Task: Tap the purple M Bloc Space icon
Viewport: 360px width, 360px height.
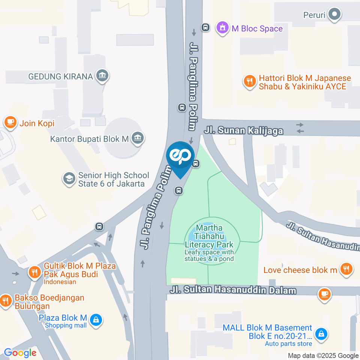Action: (x=223, y=28)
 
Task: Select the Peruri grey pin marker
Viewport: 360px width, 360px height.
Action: (x=333, y=15)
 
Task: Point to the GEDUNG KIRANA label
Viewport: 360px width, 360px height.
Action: (x=60, y=76)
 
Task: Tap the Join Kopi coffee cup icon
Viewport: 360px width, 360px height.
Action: (x=10, y=122)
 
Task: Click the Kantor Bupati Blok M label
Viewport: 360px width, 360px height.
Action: (x=90, y=139)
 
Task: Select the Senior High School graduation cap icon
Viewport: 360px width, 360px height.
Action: (x=69, y=179)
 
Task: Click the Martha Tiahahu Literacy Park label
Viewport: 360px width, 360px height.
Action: (x=209, y=236)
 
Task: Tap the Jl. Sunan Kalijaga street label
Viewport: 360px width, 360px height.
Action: (x=244, y=130)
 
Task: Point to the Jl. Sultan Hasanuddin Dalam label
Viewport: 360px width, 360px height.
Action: (x=233, y=290)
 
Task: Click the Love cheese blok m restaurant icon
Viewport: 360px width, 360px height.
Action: (x=346, y=269)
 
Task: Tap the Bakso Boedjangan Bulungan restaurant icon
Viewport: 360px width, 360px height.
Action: (x=6, y=301)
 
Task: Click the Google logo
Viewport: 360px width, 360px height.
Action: (x=20, y=352)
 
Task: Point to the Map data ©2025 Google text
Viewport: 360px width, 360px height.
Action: (x=323, y=355)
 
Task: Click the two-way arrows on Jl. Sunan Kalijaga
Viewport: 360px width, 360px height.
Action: (x=300, y=127)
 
